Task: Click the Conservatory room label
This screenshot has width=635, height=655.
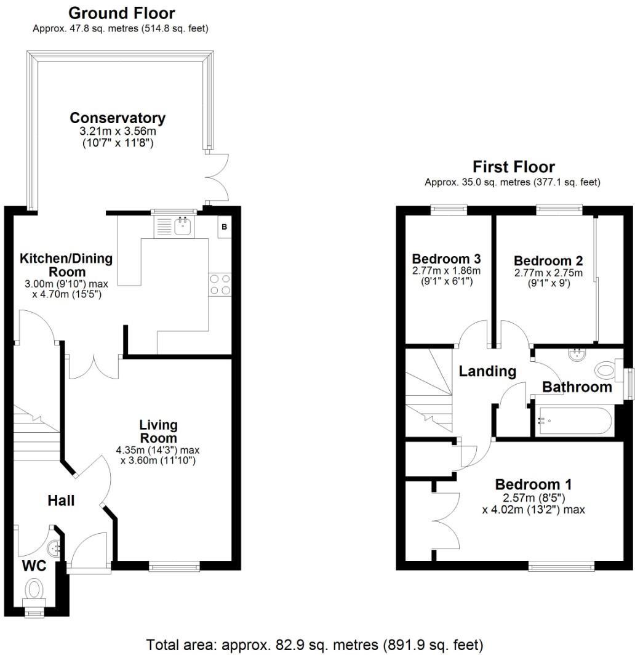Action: click(x=118, y=118)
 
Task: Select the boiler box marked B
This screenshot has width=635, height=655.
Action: click(x=225, y=227)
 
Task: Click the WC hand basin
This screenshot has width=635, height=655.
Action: click(x=55, y=547)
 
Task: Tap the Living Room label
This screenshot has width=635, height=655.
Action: click(x=158, y=431)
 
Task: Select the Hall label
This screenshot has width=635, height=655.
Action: click(x=61, y=500)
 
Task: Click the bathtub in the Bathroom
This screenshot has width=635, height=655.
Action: click(x=573, y=422)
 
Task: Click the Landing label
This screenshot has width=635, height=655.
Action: click(x=487, y=371)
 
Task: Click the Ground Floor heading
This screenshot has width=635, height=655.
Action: click(x=121, y=13)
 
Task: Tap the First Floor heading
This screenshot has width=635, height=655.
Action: click(x=513, y=167)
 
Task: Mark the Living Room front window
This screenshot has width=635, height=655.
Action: click(x=174, y=565)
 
